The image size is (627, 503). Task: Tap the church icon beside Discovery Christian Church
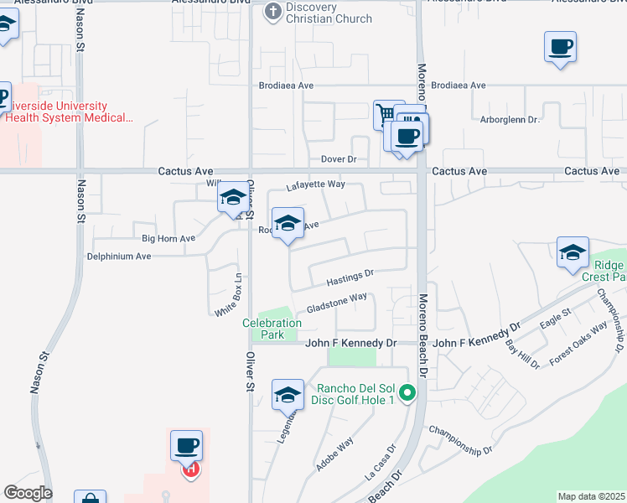point(272,11)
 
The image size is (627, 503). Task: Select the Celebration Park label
point(272,329)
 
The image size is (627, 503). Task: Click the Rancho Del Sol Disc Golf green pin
point(407,392)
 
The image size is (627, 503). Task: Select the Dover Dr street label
point(339,159)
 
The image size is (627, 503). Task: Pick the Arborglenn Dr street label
point(509,120)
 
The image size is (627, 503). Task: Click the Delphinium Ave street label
point(119,256)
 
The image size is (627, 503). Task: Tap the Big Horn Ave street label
point(168,239)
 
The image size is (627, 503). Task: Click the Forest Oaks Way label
point(578,344)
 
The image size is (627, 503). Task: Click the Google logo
point(28,493)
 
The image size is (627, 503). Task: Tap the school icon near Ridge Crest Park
point(573,251)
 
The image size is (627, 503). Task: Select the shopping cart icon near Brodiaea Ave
point(384,114)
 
